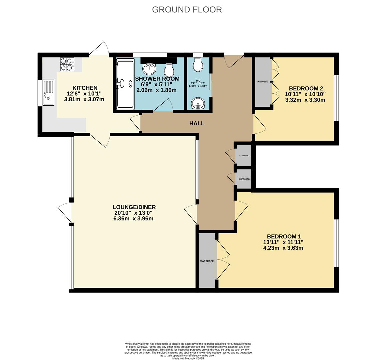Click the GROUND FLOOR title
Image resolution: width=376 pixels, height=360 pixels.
(x=187, y=9)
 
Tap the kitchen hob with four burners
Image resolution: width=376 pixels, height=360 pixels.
(x=67, y=64)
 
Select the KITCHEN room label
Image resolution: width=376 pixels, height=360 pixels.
(x=85, y=88)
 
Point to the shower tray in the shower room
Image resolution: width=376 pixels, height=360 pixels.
(x=125, y=83)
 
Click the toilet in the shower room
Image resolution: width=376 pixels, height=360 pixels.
(x=169, y=70)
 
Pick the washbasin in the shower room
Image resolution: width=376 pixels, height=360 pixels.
(x=149, y=69)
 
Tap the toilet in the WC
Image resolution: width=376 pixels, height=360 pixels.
(x=198, y=65)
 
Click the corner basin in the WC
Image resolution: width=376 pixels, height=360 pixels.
(x=198, y=104)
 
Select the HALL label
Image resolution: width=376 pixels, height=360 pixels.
(x=197, y=123)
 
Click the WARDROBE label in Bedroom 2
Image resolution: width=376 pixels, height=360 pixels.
(x=263, y=82)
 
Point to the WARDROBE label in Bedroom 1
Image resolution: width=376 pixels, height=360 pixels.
(x=207, y=261)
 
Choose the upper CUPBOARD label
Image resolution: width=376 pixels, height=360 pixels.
(x=244, y=156)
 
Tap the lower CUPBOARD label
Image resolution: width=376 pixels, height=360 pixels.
(x=244, y=179)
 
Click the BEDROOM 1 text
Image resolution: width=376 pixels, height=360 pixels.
(x=283, y=237)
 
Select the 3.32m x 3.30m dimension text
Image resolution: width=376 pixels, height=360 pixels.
(x=305, y=100)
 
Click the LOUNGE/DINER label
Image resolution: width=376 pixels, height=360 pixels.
(x=134, y=207)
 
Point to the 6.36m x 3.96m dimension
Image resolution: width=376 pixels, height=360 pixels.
(x=133, y=219)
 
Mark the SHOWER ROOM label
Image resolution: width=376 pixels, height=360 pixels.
(x=157, y=79)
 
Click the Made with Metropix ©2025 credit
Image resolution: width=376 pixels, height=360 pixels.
(x=188, y=358)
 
